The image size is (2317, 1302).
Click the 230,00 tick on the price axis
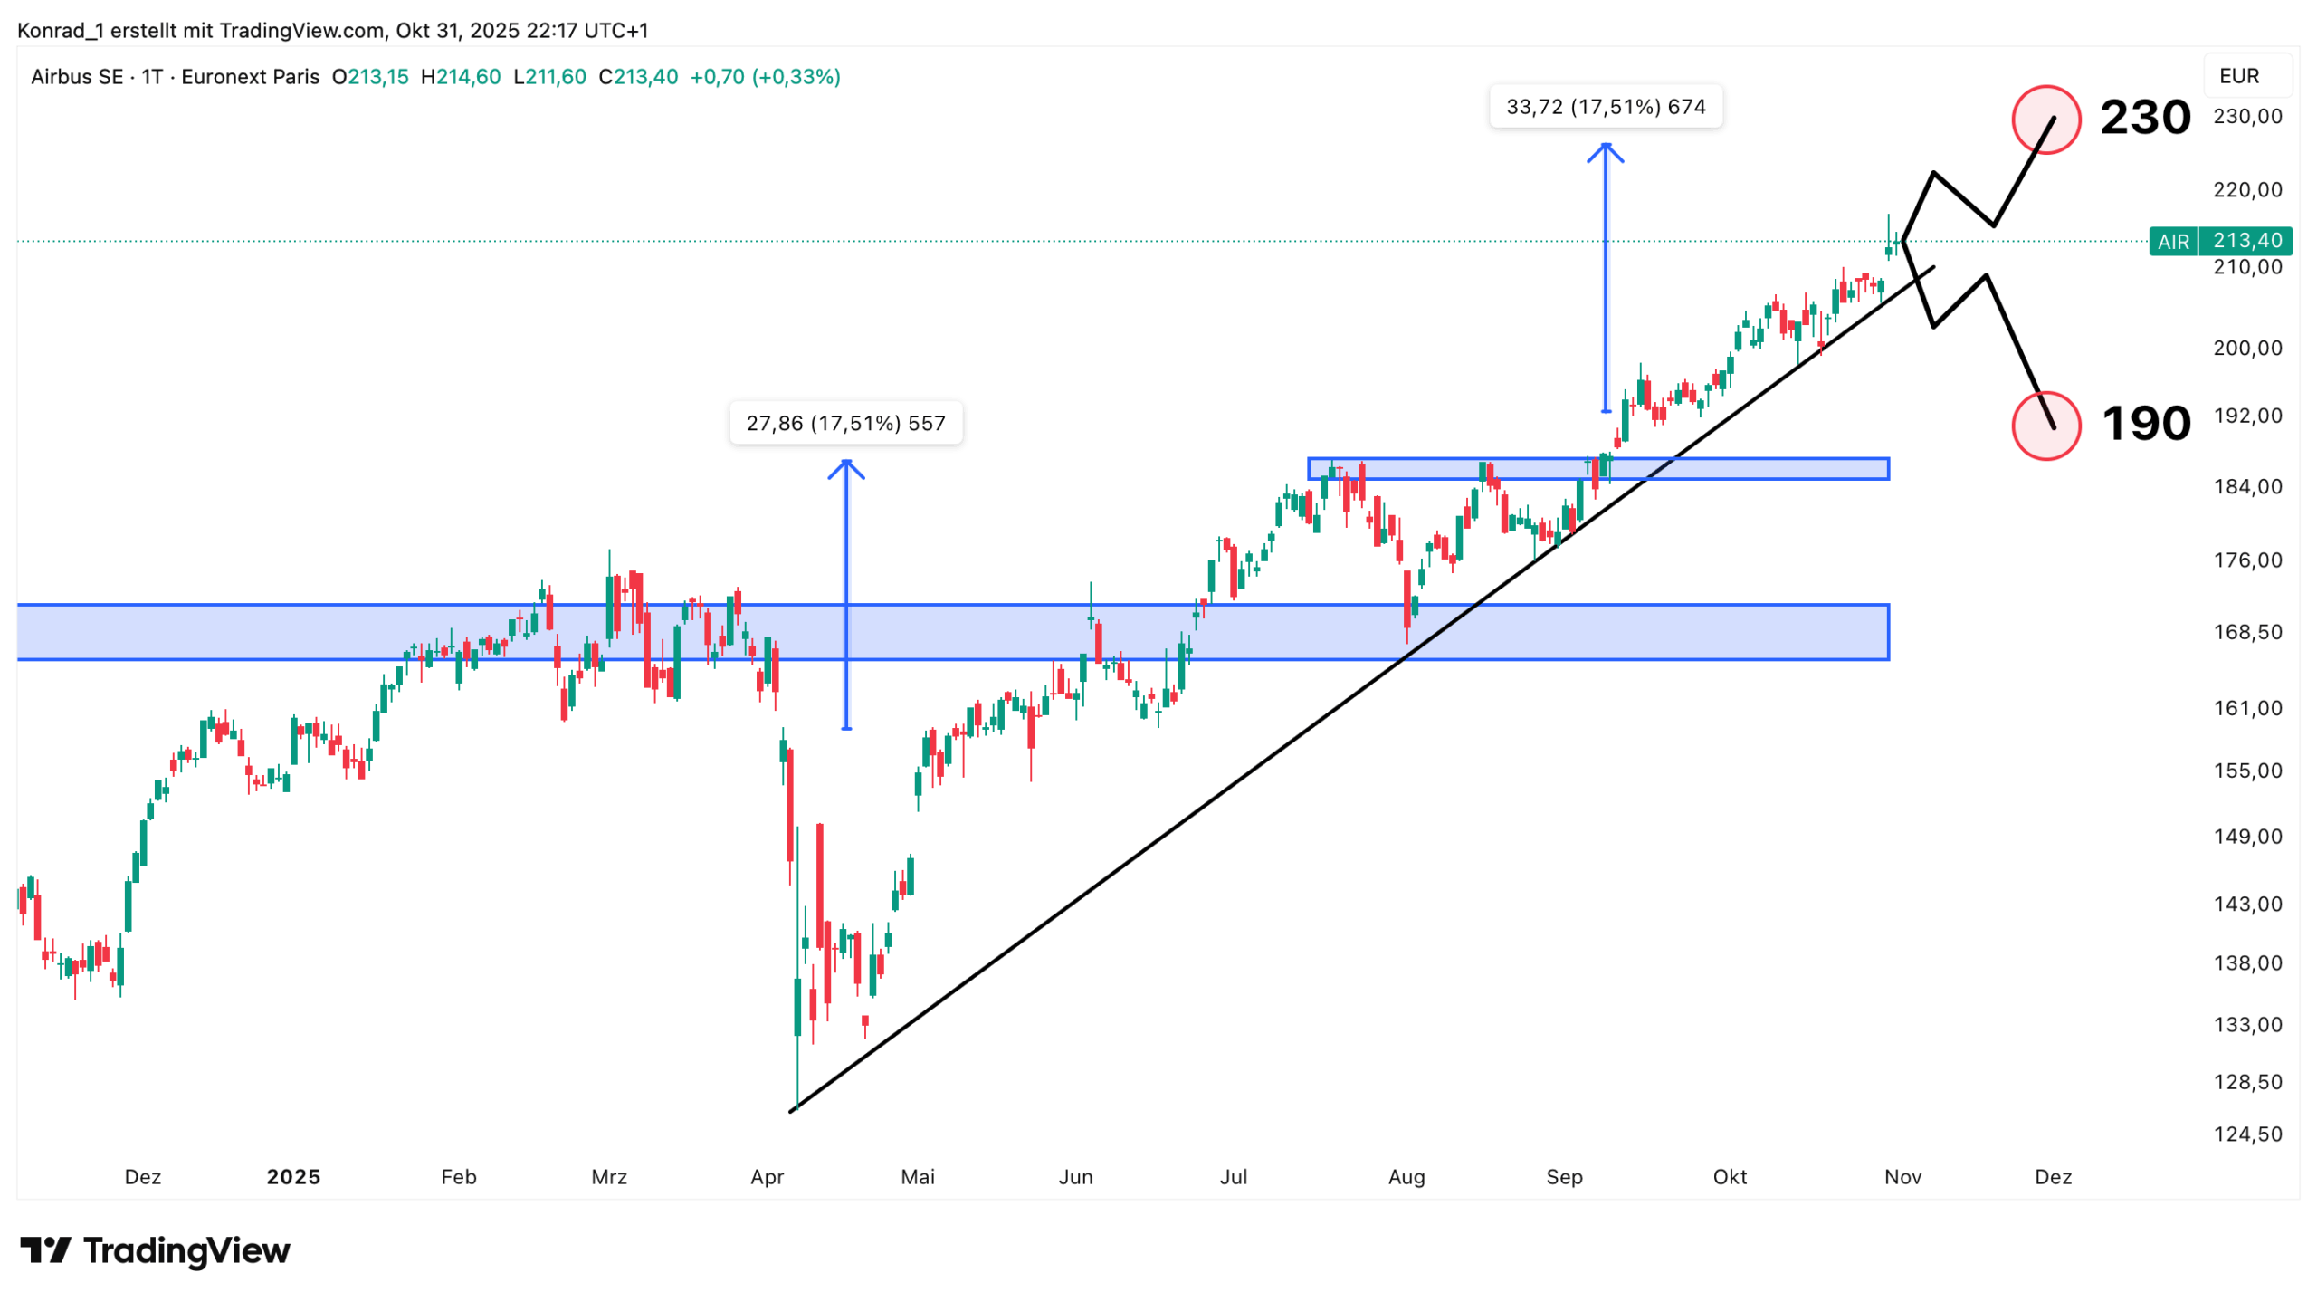coord(2246,116)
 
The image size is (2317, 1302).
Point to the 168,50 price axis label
coord(2246,632)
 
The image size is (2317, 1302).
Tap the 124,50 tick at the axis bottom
coord(2246,1134)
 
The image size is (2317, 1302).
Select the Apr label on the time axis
coord(767,1176)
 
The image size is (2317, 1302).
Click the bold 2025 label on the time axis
coord(293,1176)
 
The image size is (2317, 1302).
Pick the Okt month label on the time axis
coord(1729,1176)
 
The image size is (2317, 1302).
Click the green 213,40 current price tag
coord(2246,241)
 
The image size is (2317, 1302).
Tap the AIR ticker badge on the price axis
coord(2172,242)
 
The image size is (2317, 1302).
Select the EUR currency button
coord(2238,76)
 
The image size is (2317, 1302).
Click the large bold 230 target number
coord(2144,118)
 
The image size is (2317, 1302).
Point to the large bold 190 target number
coord(2145,424)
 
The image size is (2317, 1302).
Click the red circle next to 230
coord(2045,120)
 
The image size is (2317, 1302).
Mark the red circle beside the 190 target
coord(2045,426)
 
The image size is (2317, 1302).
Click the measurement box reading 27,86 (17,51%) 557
coord(845,423)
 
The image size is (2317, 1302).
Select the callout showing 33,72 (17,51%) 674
coord(1605,107)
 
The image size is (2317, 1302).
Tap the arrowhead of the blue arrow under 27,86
coord(846,465)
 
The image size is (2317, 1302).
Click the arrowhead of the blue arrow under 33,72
coord(1605,149)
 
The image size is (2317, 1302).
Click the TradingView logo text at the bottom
coord(186,1250)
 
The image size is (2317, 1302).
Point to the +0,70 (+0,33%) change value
coord(765,77)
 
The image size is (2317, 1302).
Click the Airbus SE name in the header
coord(77,77)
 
